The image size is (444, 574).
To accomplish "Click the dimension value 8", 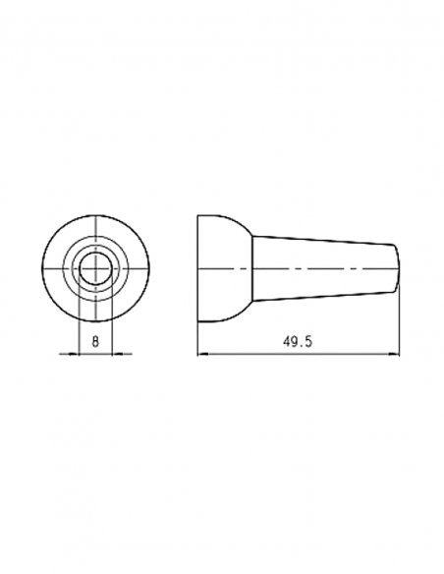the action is [x=95, y=342].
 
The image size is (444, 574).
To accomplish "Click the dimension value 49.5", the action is [x=298, y=342].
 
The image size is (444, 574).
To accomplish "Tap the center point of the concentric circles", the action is [x=96, y=268].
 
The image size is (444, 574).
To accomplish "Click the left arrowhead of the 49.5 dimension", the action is [x=202, y=354].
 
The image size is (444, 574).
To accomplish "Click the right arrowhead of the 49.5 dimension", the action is [x=394, y=354].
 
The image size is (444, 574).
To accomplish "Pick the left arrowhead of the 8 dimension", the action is [x=74, y=354].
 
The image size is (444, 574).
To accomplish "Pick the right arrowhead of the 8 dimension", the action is [x=118, y=354].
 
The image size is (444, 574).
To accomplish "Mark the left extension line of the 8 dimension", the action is [x=79, y=313].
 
